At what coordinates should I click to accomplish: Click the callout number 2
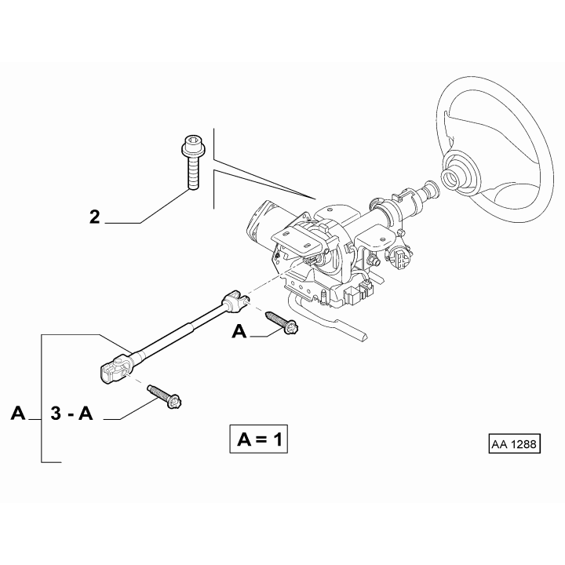click(94, 217)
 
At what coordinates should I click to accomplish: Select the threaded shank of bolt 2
click(193, 174)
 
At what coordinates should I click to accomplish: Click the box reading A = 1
click(259, 439)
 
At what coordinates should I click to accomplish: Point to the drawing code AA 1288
click(515, 444)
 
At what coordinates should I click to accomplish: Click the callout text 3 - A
click(71, 414)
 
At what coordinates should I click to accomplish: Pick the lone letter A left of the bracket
click(18, 413)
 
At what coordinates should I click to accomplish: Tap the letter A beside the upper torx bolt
click(239, 331)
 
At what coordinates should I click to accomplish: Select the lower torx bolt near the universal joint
click(164, 397)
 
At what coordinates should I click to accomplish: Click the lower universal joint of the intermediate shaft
click(116, 370)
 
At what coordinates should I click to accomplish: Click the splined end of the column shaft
click(431, 190)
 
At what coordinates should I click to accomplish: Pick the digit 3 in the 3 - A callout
click(56, 414)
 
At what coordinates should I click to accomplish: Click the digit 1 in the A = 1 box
click(278, 439)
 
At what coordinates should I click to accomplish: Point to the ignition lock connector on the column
click(399, 255)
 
